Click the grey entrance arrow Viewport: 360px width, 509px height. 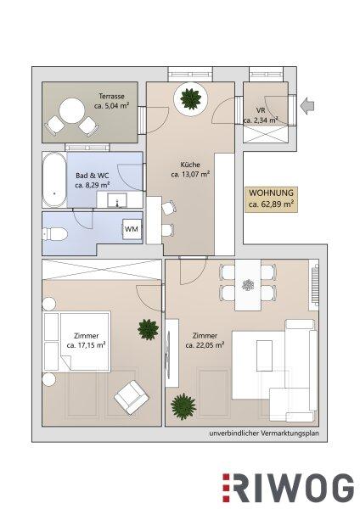click(x=307, y=106)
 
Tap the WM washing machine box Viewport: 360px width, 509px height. click(x=132, y=229)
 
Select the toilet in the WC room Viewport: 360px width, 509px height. click(x=54, y=234)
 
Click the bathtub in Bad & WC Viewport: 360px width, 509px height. click(x=54, y=180)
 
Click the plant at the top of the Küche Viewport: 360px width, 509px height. click(x=190, y=98)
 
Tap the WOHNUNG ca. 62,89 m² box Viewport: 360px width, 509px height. click(x=272, y=199)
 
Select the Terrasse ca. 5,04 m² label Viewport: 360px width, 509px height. click(x=112, y=101)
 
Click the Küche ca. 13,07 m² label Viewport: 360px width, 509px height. click(x=190, y=170)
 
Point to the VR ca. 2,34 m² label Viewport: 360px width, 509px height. click(x=261, y=115)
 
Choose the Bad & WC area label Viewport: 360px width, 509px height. click(x=93, y=180)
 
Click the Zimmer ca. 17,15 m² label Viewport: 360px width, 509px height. click(x=86, y=340)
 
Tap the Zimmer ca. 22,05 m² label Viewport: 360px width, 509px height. click(x=205, y=340)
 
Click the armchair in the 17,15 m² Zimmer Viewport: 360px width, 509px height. click(x=132, y=397)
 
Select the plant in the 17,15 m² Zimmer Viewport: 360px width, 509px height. click(x=148, y=329)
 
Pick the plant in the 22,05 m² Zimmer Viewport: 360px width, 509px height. click(x=183, y=406)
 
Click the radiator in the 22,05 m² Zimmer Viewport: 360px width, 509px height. click(x=315, y=285)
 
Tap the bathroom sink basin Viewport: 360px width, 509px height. click(x=117, y=199)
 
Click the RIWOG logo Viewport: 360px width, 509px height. click(x=288, y=488)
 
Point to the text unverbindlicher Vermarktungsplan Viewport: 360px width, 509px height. click(x=264, y=433)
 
